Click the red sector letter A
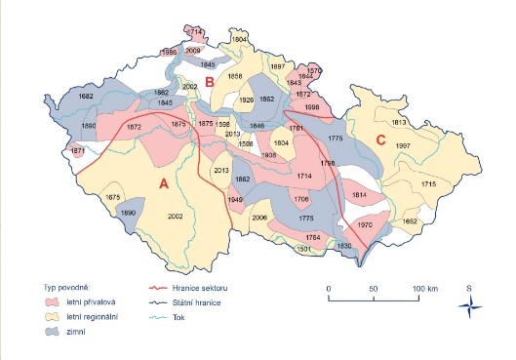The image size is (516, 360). (164, 182)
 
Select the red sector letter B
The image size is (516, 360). (209, 68)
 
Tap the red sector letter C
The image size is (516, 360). (380, 140)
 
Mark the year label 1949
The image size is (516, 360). (235, 199)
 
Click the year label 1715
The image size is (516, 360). (428, 183)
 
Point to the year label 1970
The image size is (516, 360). (365, 225)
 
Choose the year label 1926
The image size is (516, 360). (248, 100)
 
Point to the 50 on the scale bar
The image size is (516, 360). (374, 290)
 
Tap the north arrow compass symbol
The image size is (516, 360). (469, 306)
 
